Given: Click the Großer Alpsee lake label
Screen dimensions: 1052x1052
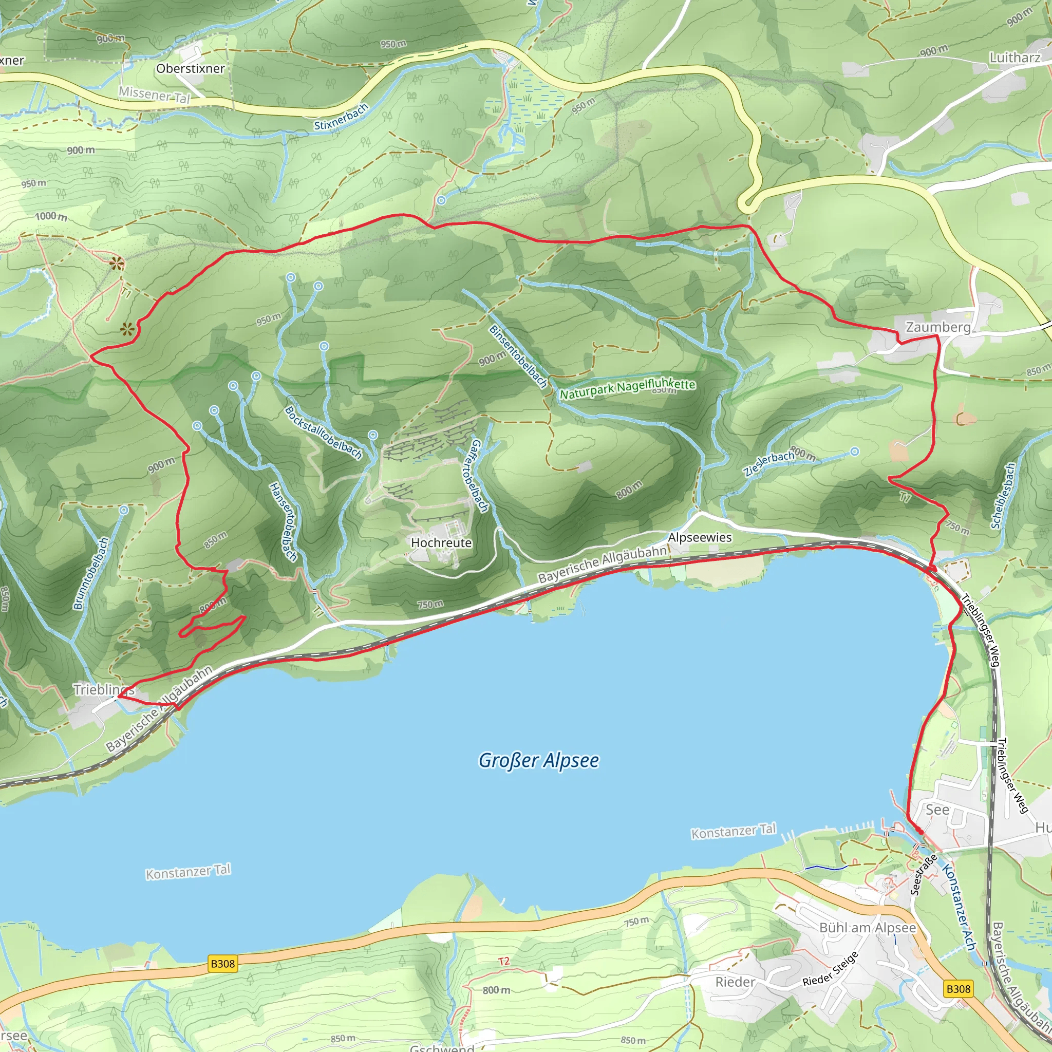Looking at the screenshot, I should pyautogui.click(x=538, y=760).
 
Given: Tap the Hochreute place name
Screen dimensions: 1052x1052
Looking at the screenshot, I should pyautogui.click(x=441, y=543).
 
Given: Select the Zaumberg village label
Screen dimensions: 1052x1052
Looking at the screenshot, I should pyautogui.click(x=937, y=327).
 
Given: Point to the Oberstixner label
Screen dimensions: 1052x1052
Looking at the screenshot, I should pyautogui.click(x=190, y=69).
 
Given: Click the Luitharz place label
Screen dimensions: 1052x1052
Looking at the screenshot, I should pyautogui.click(x=1015, y=58).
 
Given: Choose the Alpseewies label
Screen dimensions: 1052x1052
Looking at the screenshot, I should pyautogui.click(x=700, y=537).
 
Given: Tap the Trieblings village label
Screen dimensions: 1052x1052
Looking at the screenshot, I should pyautogui.click(x=103, y=689).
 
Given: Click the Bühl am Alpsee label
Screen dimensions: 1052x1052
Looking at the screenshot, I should pyautogui.click(x=868, y=928).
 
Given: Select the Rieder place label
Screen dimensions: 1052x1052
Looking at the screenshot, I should pyautogui.click(x=735, y=982).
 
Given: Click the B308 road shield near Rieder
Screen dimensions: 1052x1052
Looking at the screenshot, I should pyautogui.click(x=958, y=989).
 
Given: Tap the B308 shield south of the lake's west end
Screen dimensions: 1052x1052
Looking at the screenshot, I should pyautogui.click(x=223, y=964).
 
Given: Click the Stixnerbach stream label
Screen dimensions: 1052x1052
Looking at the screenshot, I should pyautogui.click(x=341, y=117).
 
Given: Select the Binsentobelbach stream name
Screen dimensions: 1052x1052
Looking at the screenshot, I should pyautogui.click(x=518, y=356).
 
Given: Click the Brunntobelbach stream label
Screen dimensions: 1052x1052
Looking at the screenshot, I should pyautogui.click(x=91, y=573).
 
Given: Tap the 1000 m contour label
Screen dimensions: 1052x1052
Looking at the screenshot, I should pyautogui.click(x=51, y=217).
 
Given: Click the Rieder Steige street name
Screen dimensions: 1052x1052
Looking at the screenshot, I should pyautogui.click(x=831, y=969).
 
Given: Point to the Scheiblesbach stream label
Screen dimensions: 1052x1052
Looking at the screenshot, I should pyautogui.click(x=1003, y=496).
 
